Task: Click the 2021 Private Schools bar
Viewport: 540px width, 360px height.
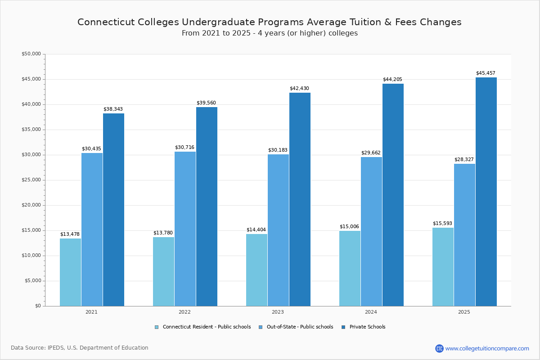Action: click(113, 210)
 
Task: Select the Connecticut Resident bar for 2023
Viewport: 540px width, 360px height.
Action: click(256, 270)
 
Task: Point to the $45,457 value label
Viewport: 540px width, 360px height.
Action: click(486, 73)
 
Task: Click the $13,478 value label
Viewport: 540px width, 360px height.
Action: click(70, 234)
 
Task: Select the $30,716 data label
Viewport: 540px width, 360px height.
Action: click(184, 147)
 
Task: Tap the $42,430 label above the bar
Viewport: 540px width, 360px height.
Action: click(299, 88)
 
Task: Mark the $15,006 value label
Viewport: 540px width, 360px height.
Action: click(349, 226)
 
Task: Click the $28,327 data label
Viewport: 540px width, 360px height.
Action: click(464, 159)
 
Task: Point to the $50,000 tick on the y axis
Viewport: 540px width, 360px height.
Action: click(31, 54)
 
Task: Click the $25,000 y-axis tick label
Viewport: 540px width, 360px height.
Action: click(31, 180)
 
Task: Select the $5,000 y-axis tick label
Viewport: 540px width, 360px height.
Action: click(32, 281)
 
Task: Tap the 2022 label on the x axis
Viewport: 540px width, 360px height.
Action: click(184, 312)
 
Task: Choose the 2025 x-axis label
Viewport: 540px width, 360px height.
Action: click(464, 312)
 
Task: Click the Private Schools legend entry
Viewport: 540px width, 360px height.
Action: click(367, 327)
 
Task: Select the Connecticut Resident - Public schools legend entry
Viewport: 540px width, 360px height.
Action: click(207, 327)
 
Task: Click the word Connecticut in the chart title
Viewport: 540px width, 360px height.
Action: click(105, 22)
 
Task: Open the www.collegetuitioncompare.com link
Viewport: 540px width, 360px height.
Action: click(487, 348)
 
